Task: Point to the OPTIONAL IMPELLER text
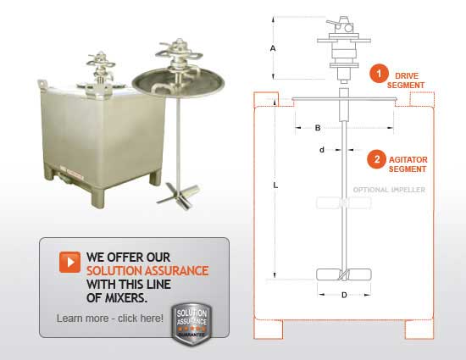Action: click(x=389, y=190)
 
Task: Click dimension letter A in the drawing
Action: click(x=273, y=49)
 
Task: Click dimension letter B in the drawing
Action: click(x=316, y=128)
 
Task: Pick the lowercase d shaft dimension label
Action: click(x=322, y=150)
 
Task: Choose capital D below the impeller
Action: click(x=342, y=295)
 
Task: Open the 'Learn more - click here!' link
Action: click(x=110, y=318)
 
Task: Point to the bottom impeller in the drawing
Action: click(x=343, y=276)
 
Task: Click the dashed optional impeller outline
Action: click(x=343, y=202)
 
